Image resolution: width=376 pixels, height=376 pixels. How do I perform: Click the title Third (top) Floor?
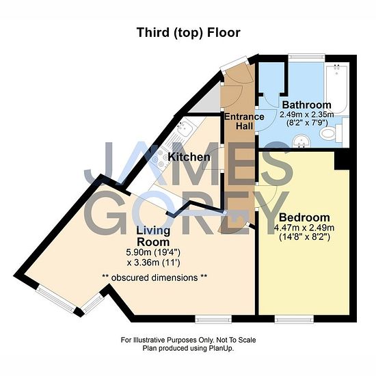[x=189, y=33]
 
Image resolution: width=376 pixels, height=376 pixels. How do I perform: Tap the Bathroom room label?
[x=307, y=105]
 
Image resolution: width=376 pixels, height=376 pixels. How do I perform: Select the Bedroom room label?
[x=304, y=217]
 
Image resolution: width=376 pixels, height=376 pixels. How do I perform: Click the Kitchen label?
[x=189, y=157]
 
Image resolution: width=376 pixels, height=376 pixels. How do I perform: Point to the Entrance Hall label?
[x=244, y=121]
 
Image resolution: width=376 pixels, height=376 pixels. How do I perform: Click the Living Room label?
[x=153, y=237]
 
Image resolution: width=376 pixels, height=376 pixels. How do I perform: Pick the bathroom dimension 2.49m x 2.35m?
[x=307, y=114]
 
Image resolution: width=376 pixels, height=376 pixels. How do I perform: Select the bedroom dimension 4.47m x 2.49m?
[x=304, y=228]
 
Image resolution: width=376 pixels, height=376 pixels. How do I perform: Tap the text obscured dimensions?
[x=155, y=278]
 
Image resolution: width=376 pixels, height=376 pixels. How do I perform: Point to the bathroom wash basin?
[x=301, y=141]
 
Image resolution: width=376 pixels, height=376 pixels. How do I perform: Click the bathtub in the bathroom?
[x=336, y=88]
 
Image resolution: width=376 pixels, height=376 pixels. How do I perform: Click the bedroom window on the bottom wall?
[x=294, y=319]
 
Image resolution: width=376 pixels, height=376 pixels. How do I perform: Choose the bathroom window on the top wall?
[x=307, y=57]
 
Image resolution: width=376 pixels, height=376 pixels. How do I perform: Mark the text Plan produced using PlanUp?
[x=188, y=348]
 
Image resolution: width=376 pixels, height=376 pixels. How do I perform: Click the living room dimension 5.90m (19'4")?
[x=153, y=252]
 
